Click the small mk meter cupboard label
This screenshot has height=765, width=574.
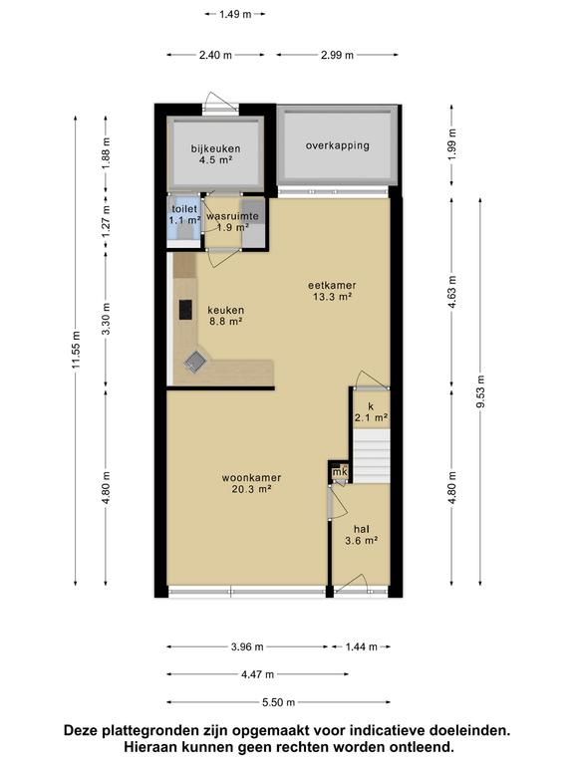(339, 471)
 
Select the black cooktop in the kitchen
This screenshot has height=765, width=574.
(185, 310)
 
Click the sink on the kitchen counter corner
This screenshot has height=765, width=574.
(196, 361)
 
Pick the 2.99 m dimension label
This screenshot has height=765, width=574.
(337, 55)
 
